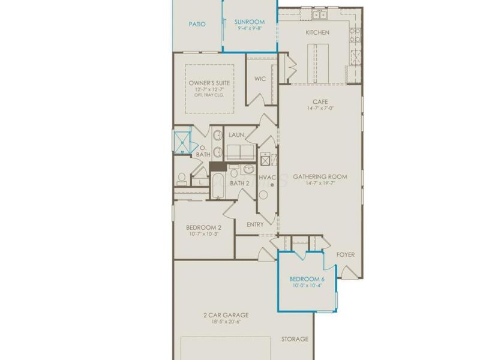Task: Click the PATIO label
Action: tap(197, 25)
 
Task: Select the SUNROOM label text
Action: tap(250, 21)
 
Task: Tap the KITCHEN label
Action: tap(317, 32)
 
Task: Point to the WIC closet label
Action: tap(260, 79)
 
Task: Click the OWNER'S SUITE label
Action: tap(209, 83)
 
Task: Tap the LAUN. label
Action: tap(236, 135)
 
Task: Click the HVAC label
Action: tap(267, 178)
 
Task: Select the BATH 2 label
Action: tap(239, 183)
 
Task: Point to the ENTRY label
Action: tap(256, 224)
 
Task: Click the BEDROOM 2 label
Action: tap(203, 227)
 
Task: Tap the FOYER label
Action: tap(346, 254)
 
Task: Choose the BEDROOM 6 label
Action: tap(307, 280)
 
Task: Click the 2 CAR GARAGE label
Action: tap(226, 315)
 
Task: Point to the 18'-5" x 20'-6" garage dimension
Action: tap(226, 322)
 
